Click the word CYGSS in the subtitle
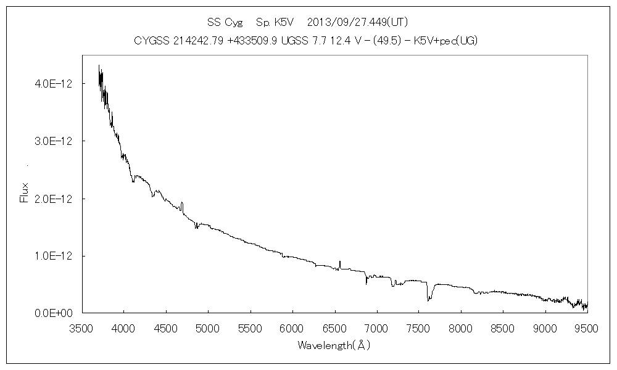[x=149, y=41]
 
